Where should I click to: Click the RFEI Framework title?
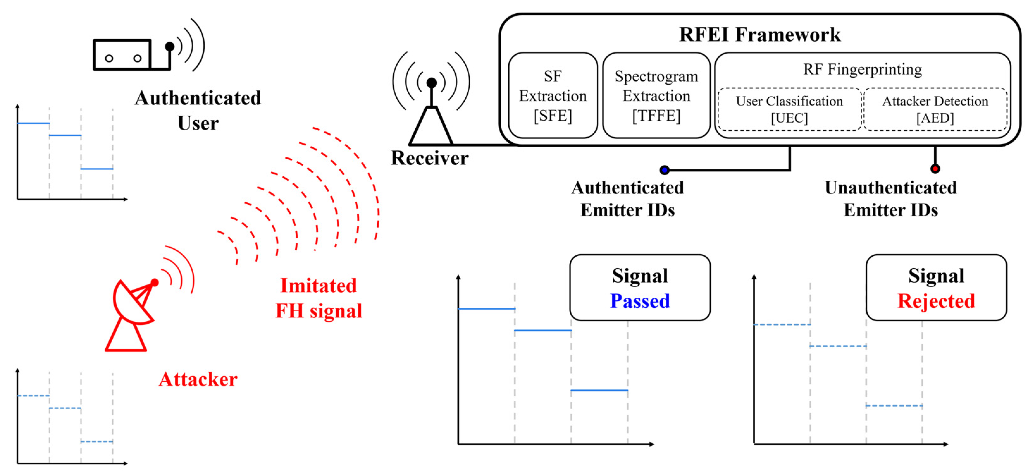[x=760, y=34]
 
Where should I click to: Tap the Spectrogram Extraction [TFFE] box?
[x=656, y=95]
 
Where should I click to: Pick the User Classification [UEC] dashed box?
[x=790, y=109]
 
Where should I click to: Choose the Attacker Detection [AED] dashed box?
[x=935, y=109]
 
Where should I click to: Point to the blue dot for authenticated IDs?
[x=665, y=170]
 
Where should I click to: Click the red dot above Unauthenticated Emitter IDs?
[x=935, y=169]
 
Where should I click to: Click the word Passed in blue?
[x=640, y=301]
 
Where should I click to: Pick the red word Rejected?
[x=936, y=301]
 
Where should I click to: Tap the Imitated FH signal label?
[x=319, y=298]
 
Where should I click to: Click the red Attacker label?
[x=198, y=379]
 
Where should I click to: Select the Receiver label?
[x=430, y=158]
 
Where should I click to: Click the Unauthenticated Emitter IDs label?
[x=891, y=198]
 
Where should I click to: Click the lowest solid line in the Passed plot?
[x=599, y=390]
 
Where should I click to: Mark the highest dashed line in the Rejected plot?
[x=782, y=325]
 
